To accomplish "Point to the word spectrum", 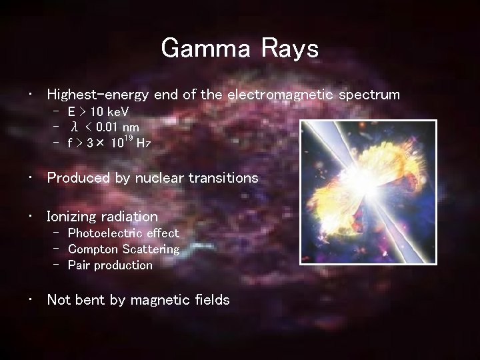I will coord(369,95).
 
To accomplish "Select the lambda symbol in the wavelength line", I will coord(75,127).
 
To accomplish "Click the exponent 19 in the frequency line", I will coord(128,138).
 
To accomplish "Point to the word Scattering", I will coord(151,249).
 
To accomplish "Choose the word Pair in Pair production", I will coord(79,265).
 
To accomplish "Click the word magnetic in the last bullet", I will coord(161,300).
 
